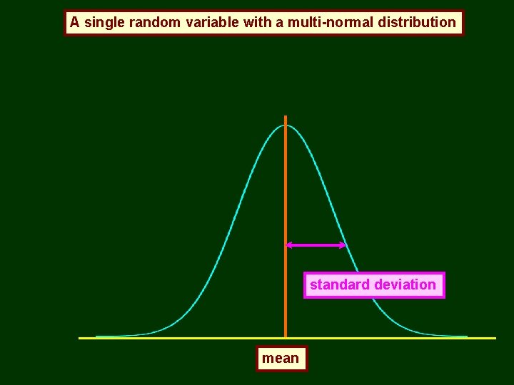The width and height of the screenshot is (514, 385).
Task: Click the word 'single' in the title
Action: pyautogui.click(x=104, y=23)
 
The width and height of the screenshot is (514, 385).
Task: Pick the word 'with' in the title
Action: pyautogui.click(x=257, y=23)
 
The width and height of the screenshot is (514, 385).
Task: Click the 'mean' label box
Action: pyautogui.click(x=281, y=359)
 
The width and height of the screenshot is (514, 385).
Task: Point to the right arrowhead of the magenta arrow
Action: pyautogui.click(x=343, y=245)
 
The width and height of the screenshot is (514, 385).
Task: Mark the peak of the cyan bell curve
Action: pyautogui.click(x=286, y=126)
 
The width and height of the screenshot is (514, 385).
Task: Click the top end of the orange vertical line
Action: pyautogui.click(x=286, y=117)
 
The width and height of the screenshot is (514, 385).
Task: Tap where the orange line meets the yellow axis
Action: pyautogui.click(x=286, y=337)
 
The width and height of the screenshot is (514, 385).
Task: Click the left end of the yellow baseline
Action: pyautogui.click(x=80, y=338)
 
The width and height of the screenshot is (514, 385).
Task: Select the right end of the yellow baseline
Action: pyautogui.click(x=494, y=338)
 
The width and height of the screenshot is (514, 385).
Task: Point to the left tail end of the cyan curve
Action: pyautogui.click(x=97, y=336)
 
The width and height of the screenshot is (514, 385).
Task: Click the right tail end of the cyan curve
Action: pyautogui.click(x=467, y=336)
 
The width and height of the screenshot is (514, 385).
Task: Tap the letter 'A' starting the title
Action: pyautogui.click(x=74, y=23)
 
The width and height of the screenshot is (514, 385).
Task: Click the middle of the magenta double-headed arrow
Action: pyautogui.click(x=316, y=245)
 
